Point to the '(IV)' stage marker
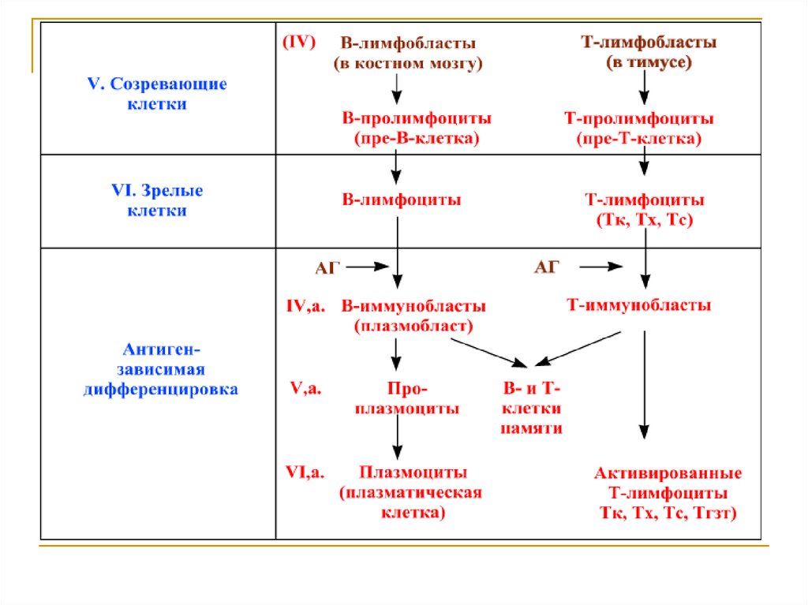click(x=299, y=43)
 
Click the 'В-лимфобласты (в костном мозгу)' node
click(x=407, y=53)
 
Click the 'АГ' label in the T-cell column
click(x=546, y=268)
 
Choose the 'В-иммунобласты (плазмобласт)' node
click(x=413, y=315)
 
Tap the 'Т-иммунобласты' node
click(x=639, y=305)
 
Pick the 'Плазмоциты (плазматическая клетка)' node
click(x=413, y=492)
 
